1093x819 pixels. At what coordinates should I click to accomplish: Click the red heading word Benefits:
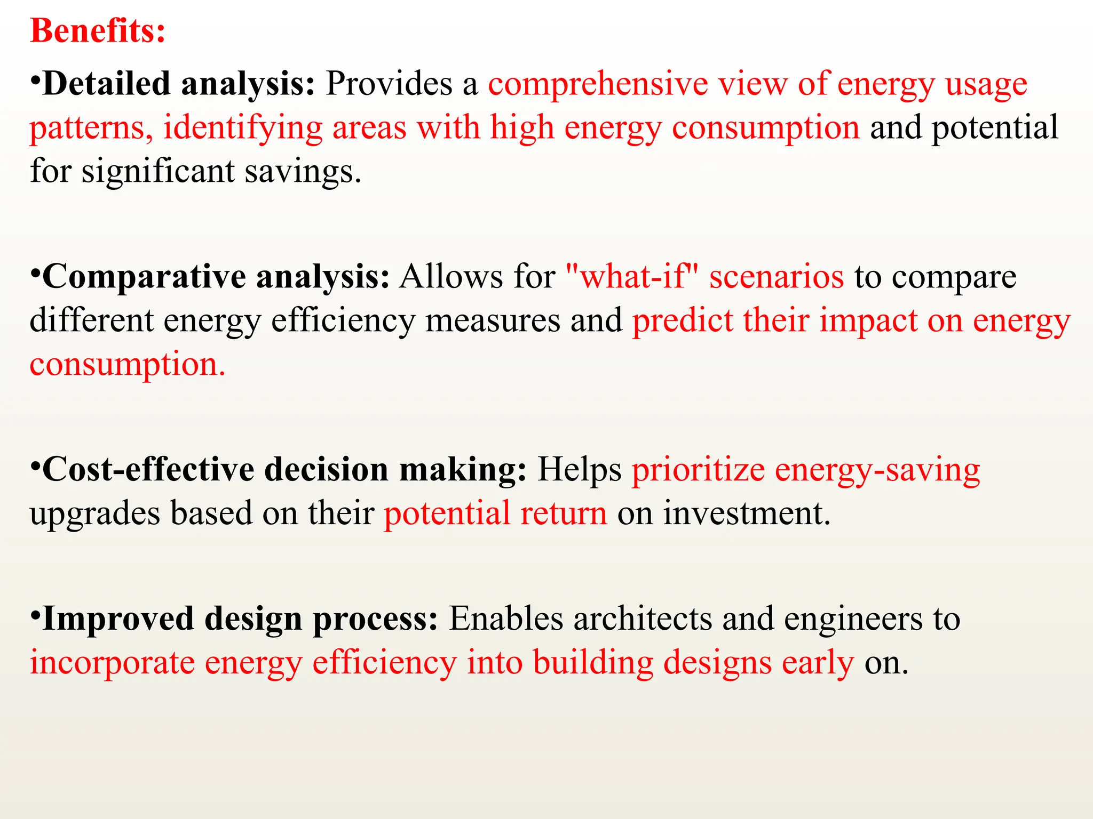98,31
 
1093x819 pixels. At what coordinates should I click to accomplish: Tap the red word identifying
243,128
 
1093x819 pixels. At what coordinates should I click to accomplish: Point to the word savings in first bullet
303,172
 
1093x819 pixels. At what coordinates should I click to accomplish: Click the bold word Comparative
144,277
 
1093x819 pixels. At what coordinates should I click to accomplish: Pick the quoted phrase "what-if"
631,277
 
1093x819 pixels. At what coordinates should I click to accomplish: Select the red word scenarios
777,277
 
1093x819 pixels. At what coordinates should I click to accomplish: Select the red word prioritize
698,470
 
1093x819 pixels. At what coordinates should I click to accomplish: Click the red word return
564,513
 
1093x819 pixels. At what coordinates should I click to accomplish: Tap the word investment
747,513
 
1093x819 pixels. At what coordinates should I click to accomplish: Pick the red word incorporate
112,663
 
